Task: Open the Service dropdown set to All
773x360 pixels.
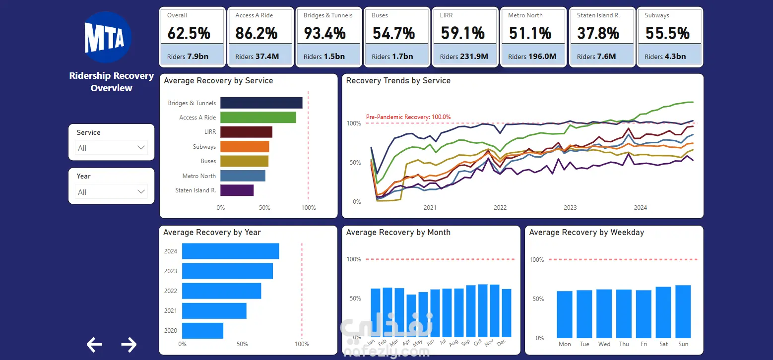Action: (111, 148)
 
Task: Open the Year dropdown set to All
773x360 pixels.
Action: (111, 192)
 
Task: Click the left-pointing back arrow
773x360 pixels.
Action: (94, 344)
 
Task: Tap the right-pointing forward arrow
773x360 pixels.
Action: (129, 344)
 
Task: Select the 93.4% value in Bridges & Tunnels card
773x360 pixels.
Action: (324, 33)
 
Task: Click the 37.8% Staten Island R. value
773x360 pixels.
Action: (598, 33)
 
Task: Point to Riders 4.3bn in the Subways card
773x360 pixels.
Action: (665, 57)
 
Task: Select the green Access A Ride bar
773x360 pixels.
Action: (258, 117)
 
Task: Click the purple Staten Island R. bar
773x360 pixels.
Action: (237, 190)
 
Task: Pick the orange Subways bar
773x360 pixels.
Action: (245, 147)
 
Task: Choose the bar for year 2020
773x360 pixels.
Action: (202, 331)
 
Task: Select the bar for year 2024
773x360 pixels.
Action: (231, 251)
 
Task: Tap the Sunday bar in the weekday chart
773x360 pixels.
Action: (683, 311)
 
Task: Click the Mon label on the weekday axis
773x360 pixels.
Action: (565, 344)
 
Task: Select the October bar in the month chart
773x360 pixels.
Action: (483, 311)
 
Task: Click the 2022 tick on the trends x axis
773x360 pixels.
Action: (500, 208)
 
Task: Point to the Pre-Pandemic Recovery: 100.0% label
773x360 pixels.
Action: (408, 117)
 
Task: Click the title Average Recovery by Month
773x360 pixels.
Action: (398, 233)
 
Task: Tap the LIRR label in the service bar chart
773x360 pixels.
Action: (210, 132)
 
